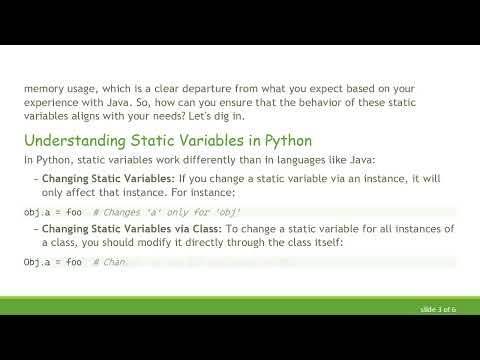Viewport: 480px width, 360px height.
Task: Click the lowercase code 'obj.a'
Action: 37,213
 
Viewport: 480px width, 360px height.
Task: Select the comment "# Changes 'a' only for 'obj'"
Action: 167,213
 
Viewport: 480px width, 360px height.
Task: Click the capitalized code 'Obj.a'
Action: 37,262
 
